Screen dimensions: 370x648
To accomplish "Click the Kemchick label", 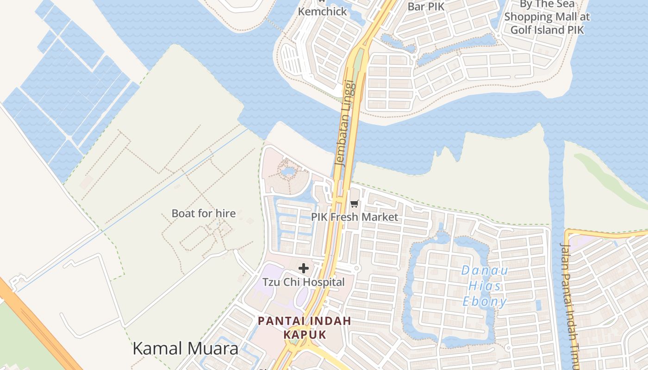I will [x=322, y=12].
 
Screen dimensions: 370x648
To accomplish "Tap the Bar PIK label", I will [x=426, y=6].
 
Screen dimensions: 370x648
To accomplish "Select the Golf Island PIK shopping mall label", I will [x=547, y=18].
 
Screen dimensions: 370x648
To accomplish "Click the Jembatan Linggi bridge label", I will [x=347, y=123].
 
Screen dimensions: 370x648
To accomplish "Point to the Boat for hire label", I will [x=204, y=214].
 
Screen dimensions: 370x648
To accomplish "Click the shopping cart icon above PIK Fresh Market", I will [x=355, y=203].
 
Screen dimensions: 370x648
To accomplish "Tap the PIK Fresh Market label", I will [x=355, y=217].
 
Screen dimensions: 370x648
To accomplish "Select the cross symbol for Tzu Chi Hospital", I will [x=304, y=268].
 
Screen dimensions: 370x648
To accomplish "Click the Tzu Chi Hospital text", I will [x=304, y=282].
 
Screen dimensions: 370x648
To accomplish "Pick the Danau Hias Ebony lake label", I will [x=485, y=286].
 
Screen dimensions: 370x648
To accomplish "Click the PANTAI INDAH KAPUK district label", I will [x=305, y=327].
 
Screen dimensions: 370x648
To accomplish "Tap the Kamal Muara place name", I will [x=186, y=348].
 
